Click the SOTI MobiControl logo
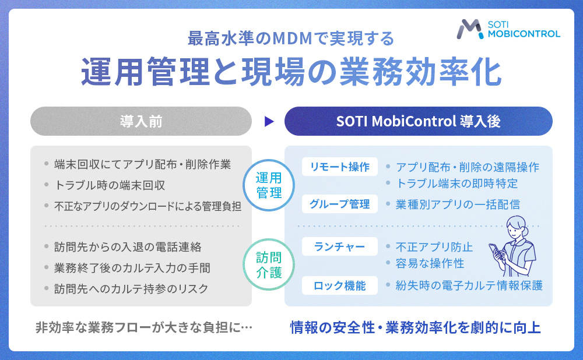(509, 29)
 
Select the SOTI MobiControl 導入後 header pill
(418, 121)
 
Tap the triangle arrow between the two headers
(268, 121)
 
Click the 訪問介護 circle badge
(269, 264)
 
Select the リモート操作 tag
(340, 167)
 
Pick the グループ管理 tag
(340, 204)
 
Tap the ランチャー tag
(340, 247)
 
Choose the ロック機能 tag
(340, 285)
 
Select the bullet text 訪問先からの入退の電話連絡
(128, 247)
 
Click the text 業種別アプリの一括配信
(458, 204)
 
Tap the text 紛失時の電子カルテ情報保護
(469, 285)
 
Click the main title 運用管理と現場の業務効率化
(291, 72)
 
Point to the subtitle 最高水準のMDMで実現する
(291, 38)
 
